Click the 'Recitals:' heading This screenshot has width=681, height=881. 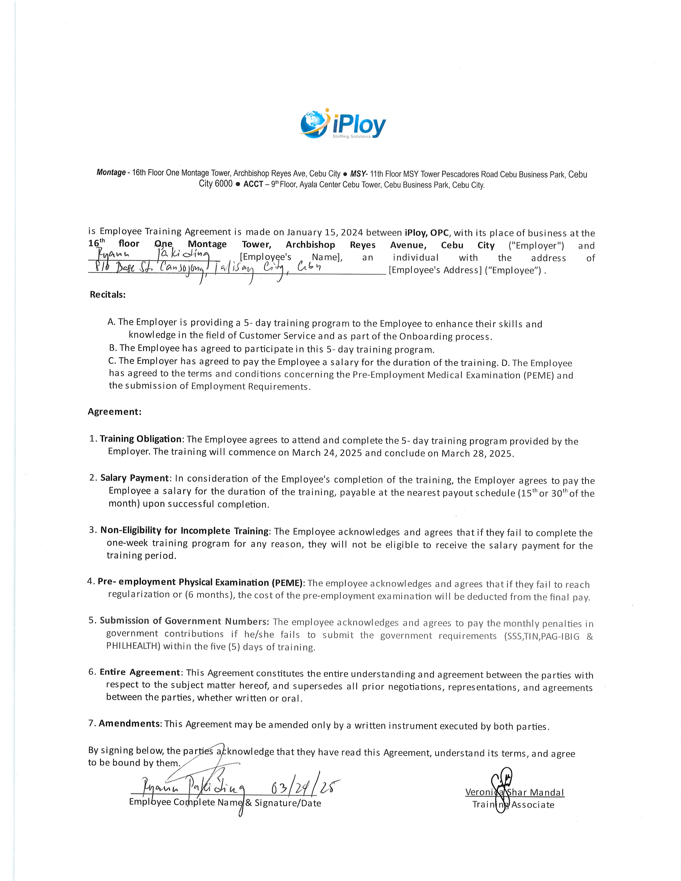108,294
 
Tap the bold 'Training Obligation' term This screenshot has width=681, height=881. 141,439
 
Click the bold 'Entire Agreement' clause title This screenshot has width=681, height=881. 140,672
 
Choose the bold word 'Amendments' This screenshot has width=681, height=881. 129,723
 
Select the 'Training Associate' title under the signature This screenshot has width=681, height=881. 513,805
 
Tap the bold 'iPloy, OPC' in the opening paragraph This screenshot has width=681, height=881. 427,233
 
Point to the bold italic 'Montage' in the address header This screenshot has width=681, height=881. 111,172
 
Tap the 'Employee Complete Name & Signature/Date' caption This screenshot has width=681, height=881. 225,803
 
